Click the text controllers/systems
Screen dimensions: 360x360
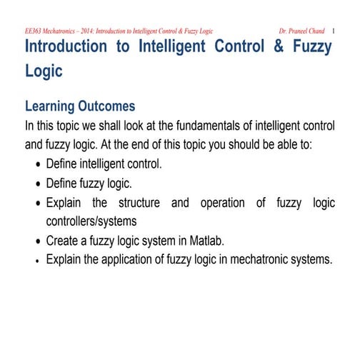[x=91, y=221]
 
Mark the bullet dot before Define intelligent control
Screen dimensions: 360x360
[x=37, y=165]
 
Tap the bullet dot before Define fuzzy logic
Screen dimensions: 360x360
[x=37, y=184]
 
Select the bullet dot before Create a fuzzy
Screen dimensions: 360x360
[x=37, y=241]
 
